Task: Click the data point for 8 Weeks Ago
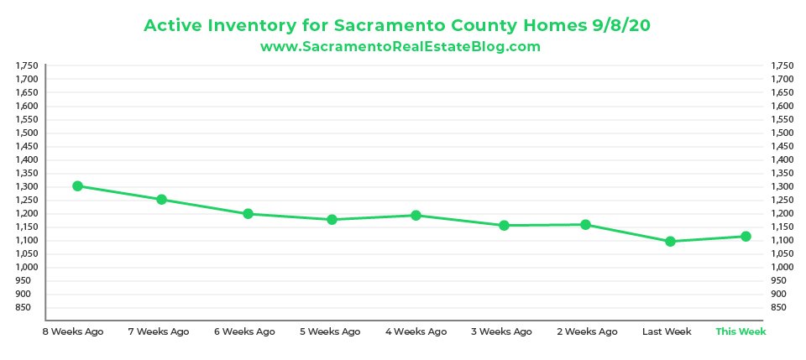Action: point(77,185)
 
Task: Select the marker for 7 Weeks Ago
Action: point(161,199)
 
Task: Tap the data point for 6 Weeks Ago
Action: point(249,213)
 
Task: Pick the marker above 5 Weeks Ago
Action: point(332,219)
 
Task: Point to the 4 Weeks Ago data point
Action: point(416,215)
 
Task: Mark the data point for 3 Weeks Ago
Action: point(504,225)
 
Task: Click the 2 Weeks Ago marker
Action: point(585,224)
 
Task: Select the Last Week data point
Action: point(670,241)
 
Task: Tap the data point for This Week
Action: point(746,236)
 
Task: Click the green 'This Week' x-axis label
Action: point(741,331)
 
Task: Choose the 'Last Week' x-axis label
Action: point(667,331)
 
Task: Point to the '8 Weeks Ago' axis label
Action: point(73,331)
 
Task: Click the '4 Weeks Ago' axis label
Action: point(416,331)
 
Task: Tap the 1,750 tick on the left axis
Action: point(28,65)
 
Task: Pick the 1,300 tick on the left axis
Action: point(28,186)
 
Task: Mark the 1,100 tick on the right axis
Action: point(781,240)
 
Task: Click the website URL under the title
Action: point(400,47)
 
